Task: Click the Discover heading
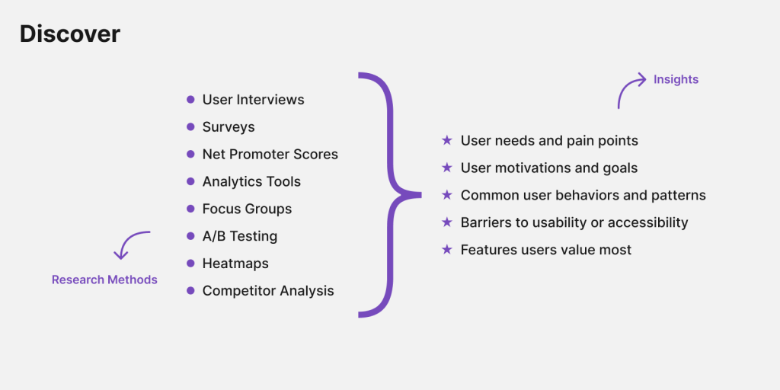(x=70, y=34)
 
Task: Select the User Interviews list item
(x=253, y=100)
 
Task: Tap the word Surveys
(x=229, y=127)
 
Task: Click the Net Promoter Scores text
(x=270, y=155)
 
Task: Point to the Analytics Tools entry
(x=251, y=182)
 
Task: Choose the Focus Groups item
(x=247, y=209)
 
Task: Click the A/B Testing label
(x=240, y=237)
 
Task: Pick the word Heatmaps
(x=235, y=264)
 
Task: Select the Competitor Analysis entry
(x=268, y=291)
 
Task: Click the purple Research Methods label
(x=104, y=280)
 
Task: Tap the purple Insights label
(x=676, y=79)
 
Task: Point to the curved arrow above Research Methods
(x=129, y=244)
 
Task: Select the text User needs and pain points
(x=549, y=141)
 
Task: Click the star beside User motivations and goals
(x=447, y=168)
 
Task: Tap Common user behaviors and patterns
(x=583, y=196)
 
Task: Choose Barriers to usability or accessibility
(x=574, y=223)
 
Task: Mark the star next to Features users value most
(x=447, y=250)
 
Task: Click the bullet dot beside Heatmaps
(x=190, y=264)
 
